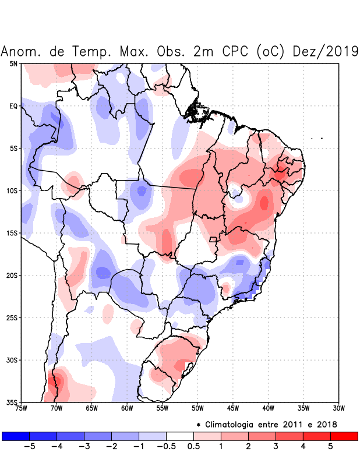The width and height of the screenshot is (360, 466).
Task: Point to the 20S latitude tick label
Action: point(12,276)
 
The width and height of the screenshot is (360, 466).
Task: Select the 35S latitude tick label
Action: point(12,402)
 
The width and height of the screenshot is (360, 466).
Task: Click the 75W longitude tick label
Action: point(21,408)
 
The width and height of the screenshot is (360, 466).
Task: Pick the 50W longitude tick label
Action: point(197,408)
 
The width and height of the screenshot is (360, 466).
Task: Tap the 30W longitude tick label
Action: point(338,408)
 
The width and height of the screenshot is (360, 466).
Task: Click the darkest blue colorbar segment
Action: point(16,436)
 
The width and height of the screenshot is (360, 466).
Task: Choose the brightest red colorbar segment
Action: point(344,436)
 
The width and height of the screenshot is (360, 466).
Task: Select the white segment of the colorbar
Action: point(180,436)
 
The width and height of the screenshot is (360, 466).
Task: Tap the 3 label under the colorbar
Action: point(276,447)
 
